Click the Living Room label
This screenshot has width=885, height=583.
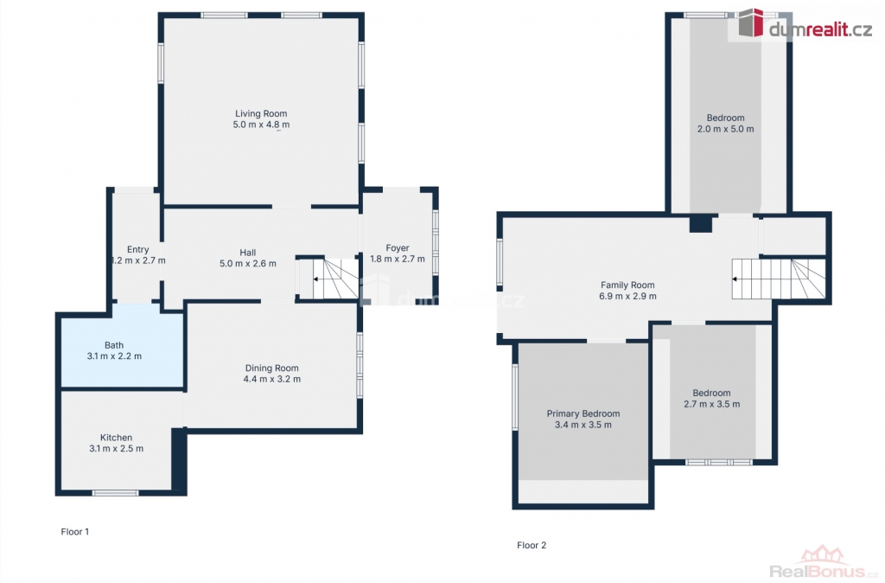[x=261, y=113]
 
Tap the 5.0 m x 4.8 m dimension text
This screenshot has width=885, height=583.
[x=261, y=125]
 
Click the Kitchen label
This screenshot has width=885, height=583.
[x=117, y=438]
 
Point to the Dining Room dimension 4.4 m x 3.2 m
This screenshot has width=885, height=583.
[x=272, y=379]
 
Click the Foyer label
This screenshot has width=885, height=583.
[x=398, y=248]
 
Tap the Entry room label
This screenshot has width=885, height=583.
[x=137, y=250]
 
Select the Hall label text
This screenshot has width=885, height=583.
[x=248, y=253]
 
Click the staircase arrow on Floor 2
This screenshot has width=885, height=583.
[x=735, y=279]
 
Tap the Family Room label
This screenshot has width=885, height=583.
[x=627, y=285]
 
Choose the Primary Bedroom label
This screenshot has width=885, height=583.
[x=583, y=414]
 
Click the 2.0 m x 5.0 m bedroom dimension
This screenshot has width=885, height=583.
[x=725, y=129]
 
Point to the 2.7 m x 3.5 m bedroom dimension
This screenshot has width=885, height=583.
[x=712, y=405]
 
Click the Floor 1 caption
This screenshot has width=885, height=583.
[x=75, y=532]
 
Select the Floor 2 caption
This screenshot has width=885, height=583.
[x=532, y=545]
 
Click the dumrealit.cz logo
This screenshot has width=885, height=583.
[x=805, y=24]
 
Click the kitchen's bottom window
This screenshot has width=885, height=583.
[x=115, y=493]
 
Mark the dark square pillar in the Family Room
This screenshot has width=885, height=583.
[x=700, y=224]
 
